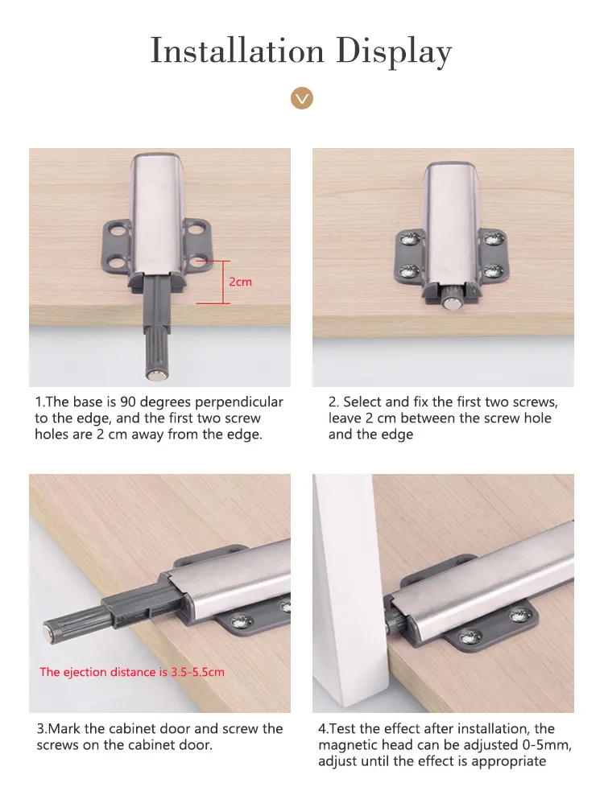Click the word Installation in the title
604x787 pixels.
tap(238, 51)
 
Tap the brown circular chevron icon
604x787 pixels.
tap(301, 98)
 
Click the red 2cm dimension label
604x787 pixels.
tap(240, 282)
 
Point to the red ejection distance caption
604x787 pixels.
tap(132, 672)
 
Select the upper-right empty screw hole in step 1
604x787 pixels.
tap(196, 230)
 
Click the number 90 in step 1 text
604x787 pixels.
tap(127, 402)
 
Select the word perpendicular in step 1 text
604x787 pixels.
tap(238, 403)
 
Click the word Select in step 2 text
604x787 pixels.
tap(361, 402)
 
